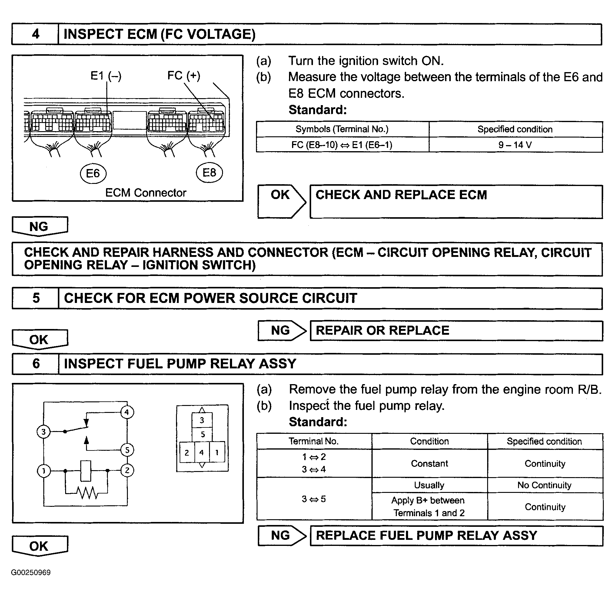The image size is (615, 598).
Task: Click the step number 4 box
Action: (35, 34)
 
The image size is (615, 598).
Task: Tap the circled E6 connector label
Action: (93, 173)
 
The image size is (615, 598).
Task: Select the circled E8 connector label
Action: (209, 172)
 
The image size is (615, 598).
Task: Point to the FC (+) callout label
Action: (184, 75)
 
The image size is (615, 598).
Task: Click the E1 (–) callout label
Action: (106, 76)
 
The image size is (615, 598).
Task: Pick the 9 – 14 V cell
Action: (515, 145)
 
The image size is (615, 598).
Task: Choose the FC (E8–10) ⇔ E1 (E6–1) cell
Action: (342, 145)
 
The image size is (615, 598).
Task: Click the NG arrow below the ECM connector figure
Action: (40, 226)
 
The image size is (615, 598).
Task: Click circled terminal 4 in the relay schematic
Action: (127, 412)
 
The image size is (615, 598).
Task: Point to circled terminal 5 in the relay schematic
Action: (127, 450)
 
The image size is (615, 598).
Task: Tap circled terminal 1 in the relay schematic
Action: (44, 470)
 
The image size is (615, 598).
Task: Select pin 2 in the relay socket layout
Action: (187, 452)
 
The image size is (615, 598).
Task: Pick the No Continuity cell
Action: (544, 485)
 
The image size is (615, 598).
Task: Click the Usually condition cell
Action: (429, 485)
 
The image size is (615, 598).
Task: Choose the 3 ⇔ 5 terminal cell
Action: (314, 499)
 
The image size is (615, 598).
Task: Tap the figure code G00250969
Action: (31, 573)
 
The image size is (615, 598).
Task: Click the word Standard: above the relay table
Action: (318, 422)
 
